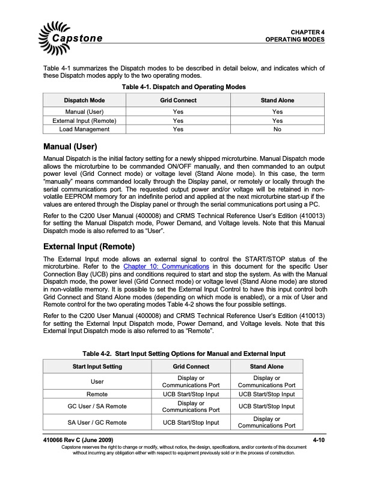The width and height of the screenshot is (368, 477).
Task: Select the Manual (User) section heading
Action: coord(70,146)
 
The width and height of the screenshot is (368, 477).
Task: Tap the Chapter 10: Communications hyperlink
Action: coord(165,282)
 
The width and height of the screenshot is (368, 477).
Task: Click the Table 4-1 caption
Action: coord(183,87)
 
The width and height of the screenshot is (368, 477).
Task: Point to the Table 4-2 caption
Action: coord(183,353)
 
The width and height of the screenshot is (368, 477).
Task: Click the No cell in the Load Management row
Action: coord(277,129)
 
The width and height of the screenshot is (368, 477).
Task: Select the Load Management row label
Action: coord(85,129)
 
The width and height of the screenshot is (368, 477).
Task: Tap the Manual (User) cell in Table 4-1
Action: coord(85,112)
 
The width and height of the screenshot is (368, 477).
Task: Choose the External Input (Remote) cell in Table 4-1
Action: coord(85,120)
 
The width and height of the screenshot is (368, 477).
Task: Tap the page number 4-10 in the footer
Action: coord(319,441)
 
